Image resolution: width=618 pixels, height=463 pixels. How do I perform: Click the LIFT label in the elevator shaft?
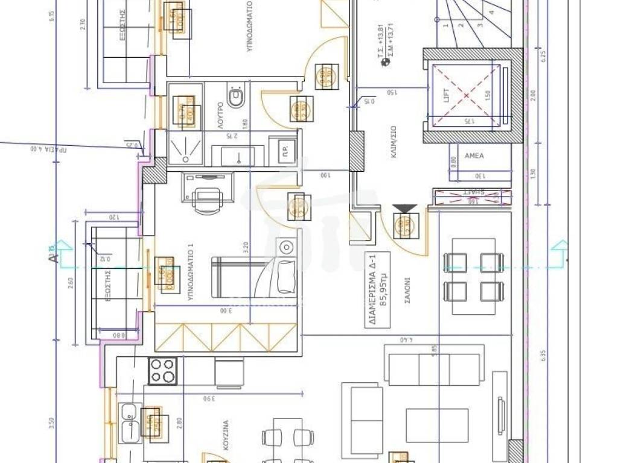[x=448, y=95]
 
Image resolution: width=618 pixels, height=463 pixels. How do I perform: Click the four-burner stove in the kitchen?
[x=162, y=371]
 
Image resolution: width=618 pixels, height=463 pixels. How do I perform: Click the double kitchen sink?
[x=130, y=423]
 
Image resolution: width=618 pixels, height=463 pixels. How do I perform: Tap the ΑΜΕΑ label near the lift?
[x=474, y=155]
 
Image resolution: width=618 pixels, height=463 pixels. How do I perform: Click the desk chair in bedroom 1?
[x=207, y=200]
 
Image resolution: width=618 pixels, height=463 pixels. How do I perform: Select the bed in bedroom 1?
[x=253, y=277]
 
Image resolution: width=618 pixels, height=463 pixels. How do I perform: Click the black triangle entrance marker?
[x=404, y=209]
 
